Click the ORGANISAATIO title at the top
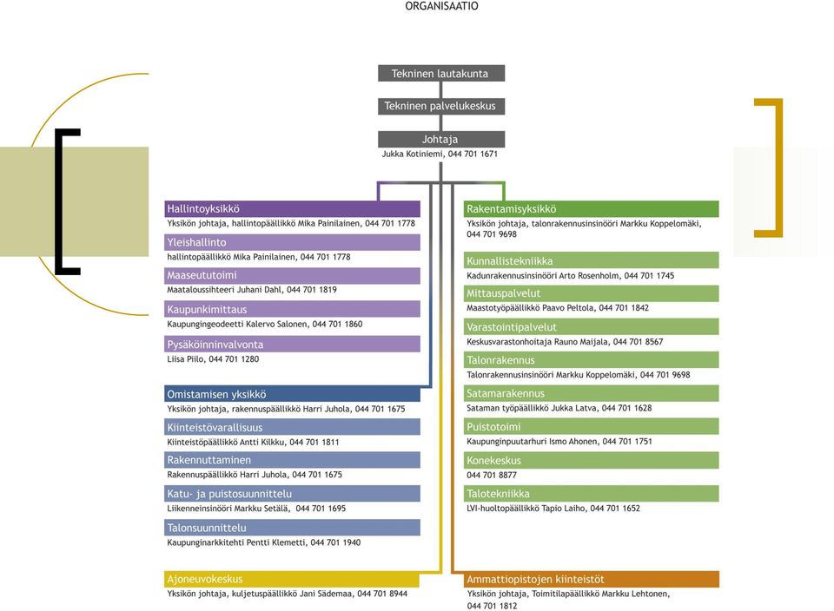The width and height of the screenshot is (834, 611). click(441, 6)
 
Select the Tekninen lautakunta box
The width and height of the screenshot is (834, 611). click(441, 73)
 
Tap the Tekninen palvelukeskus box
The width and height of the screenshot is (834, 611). click(441, 106)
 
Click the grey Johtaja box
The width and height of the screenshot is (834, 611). click(441, 139)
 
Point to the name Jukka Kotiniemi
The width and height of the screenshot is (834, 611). click(412, 154)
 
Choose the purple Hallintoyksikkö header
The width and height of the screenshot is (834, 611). click(292, 209)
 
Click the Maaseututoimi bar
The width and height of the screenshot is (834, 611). click(292, 275)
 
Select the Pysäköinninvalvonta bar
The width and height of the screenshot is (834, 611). click(292, 344)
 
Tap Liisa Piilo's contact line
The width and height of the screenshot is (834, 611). click(213, 359)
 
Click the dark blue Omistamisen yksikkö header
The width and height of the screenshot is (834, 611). click(292, 394)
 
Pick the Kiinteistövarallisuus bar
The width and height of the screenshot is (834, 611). click(292, 427)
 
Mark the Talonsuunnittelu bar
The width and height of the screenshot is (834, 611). click(292, 527)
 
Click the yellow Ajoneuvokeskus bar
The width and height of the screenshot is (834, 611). click(292, 579)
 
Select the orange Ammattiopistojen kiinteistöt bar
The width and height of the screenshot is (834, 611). click(591, 579)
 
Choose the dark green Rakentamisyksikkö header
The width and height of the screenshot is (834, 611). click(591, 209)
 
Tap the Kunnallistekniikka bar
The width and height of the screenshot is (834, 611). click(591, 260)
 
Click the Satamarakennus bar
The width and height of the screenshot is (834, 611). click(591, 393)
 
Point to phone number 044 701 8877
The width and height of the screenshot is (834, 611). click(492, 475)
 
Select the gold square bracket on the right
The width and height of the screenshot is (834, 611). click(779, 168)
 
